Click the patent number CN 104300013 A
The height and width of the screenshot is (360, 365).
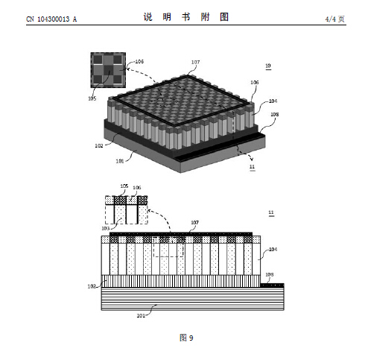(51, 19)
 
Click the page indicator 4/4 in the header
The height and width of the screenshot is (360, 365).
(331, 19)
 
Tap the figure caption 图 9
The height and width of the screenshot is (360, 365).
(186, 338)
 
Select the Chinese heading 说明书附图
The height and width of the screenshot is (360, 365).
(186, 17)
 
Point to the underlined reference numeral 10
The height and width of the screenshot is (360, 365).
(268, 66)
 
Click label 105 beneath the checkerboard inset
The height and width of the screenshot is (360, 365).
(92, 98)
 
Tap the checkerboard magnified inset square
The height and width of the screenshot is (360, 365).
(108, 70)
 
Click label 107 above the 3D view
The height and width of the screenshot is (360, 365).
(195, 62)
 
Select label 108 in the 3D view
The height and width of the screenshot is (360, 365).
(274, 114)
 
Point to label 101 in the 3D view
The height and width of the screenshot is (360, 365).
(120, 161)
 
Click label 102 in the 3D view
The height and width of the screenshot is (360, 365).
(99, 145)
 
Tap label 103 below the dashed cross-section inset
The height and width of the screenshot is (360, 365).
(106, 228)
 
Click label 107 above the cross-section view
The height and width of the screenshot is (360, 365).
(194, 222)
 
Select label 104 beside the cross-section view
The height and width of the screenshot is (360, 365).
(273, 249)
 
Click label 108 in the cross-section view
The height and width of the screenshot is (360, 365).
(270, 274)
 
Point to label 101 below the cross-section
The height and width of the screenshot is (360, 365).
(141, 315)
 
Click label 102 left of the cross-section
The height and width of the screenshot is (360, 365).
(92, 286)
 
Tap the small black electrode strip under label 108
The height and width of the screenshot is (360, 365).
(272, 285)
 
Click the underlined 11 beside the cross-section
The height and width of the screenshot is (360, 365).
(271, 212)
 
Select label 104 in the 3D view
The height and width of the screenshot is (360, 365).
(273, 101)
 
